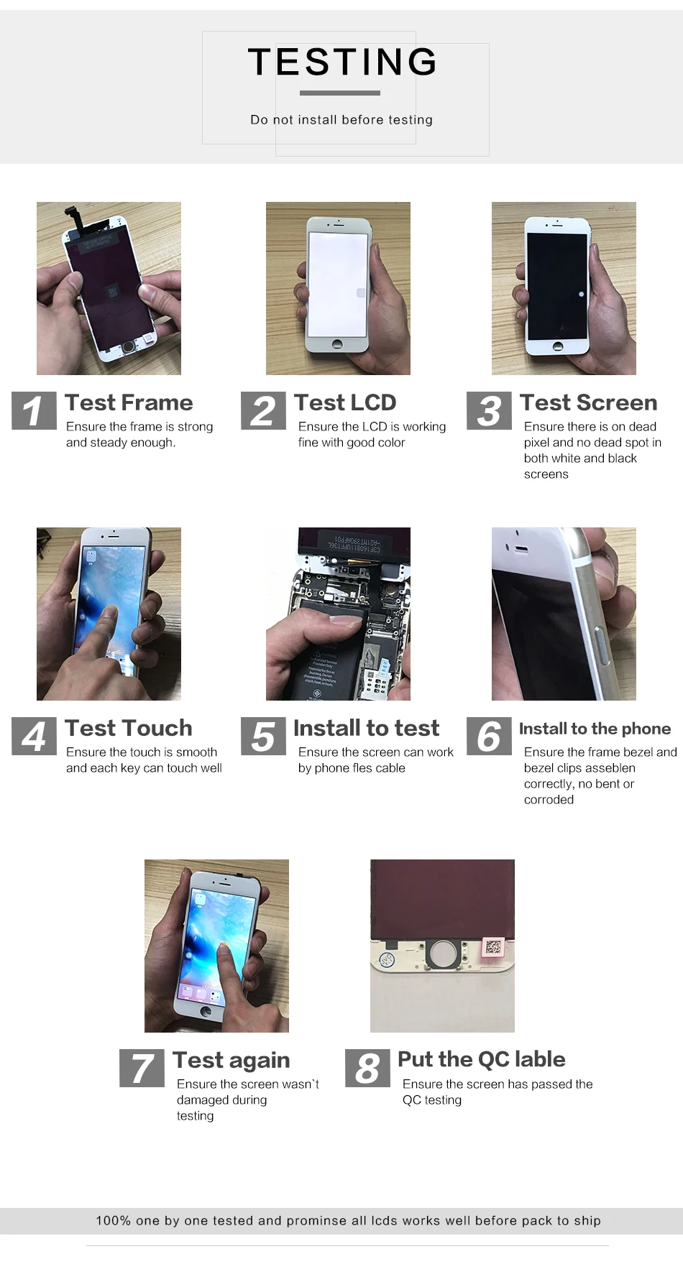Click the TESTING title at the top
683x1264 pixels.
[342, 63]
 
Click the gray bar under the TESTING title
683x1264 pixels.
[339, 93]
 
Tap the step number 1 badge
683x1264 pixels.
[34, 411]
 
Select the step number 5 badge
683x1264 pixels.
[263, 736]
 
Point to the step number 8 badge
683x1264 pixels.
[367, 1068]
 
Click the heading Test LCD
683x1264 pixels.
[345, 402]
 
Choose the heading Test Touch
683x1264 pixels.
[129, 728]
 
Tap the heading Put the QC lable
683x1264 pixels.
[481, 1059]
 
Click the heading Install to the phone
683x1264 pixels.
[595, 729]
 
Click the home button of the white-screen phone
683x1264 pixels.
[337, 346]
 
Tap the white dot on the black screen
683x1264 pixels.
[581, 294]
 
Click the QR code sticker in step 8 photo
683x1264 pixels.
[494, 946]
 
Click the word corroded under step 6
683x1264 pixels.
[549, 800]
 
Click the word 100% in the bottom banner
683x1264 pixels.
[113, 1221]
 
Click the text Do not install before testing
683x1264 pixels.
[341, 120]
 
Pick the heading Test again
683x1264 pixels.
[232, 1060]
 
